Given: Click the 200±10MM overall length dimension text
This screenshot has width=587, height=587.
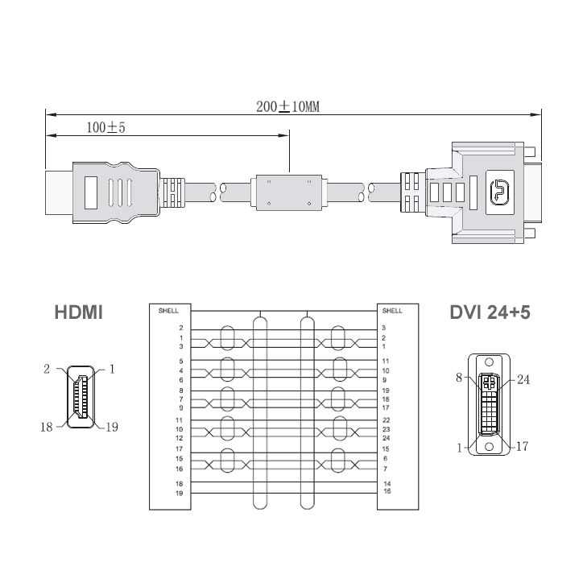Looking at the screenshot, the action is (x=288, y=107).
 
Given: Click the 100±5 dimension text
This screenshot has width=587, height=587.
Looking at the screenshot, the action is (x=106, y=128).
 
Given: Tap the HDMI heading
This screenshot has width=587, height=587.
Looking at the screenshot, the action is (x=79, y=312).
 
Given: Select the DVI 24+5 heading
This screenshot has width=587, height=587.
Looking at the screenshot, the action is (x=490, y=312).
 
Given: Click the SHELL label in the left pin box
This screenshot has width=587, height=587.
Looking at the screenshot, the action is (x=168, y=311).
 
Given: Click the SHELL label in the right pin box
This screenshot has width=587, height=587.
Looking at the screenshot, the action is (x=392, y=311).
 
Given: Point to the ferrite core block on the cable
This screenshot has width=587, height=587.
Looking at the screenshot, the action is (x=288, y=192).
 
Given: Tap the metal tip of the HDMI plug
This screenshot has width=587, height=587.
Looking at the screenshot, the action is (x=59, y=192).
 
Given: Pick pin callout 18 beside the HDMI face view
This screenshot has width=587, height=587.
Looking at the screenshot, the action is (x=47, y=427).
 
